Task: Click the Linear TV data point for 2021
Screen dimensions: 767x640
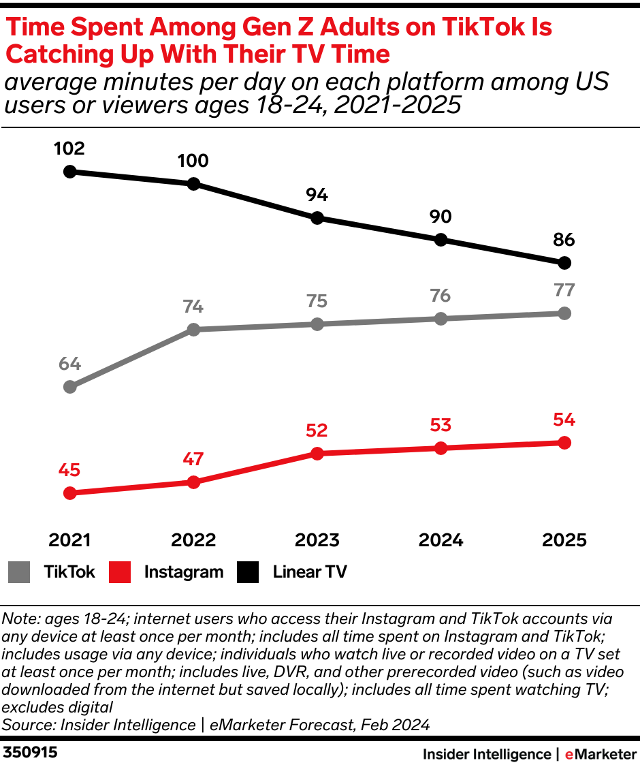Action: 69,172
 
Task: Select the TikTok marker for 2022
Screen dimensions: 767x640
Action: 193,330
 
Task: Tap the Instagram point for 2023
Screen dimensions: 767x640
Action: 317,454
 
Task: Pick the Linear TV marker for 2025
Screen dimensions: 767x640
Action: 564,263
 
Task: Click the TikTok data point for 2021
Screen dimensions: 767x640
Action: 69,387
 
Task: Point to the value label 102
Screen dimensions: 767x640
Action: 69,148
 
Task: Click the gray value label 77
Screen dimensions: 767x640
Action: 564,290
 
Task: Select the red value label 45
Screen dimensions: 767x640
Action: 69,470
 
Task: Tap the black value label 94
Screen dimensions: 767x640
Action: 317,195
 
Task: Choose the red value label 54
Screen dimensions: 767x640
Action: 564,420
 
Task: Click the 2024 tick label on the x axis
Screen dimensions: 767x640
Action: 441,540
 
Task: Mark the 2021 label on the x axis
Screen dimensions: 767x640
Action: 69,540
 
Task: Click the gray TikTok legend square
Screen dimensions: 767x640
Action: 20,572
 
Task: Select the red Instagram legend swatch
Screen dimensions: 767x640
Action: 119,572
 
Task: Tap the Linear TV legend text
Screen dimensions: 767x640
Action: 310,572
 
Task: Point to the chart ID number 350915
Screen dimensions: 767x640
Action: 31,753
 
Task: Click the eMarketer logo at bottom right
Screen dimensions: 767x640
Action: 600,754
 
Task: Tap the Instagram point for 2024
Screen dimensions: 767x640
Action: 441,448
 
